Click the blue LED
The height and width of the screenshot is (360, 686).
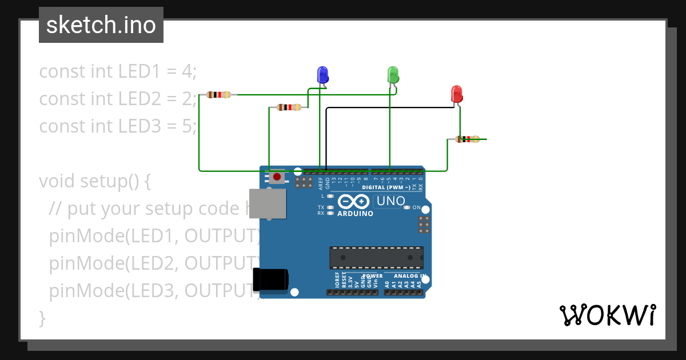[x=323, y=75]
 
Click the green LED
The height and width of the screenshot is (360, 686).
[x=393, y=74]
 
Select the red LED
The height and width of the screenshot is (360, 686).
[x=456, y=94]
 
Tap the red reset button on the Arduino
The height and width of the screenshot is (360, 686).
[x=277, y=177]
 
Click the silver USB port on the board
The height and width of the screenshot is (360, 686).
[x=268, y=203]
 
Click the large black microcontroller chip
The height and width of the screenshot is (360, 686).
[x=376, y=257]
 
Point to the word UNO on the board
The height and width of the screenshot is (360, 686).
[x=391, y=201]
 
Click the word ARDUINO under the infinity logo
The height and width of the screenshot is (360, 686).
[x=355, y=214]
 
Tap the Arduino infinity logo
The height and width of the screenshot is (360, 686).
[x=354, y=201]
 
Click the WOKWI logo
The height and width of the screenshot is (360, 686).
[x=607, y=315]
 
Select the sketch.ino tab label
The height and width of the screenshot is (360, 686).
[x=101, y=25]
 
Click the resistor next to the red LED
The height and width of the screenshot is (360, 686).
[x=468, y=139]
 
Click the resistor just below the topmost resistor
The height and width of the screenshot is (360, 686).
[x=288, y=107]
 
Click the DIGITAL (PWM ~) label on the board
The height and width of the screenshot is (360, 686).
[x=386, y=187]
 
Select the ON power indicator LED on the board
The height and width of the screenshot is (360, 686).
[x=408, y=207]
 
